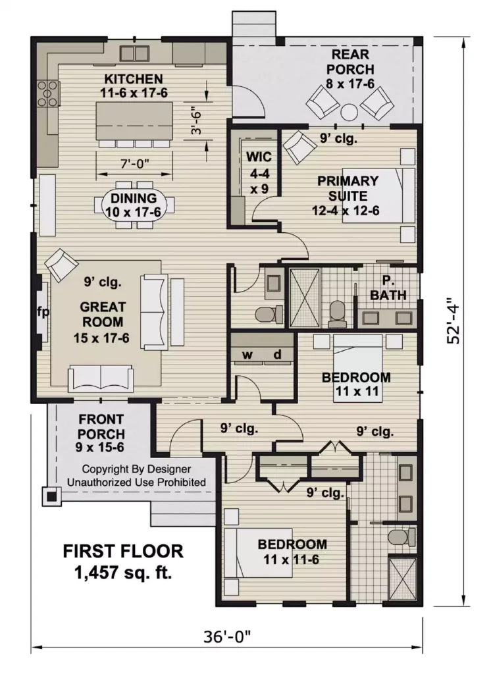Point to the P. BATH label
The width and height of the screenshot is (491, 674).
[x=388, y=288]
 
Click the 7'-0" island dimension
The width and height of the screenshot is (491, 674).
[x=134, y=163]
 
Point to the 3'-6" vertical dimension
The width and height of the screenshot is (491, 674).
[x=195, y=121]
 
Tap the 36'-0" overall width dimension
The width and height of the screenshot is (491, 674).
[x=227, y=638]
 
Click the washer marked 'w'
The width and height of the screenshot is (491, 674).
[x=247, y=355]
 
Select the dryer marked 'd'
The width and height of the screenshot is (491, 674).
[x=277, y=355]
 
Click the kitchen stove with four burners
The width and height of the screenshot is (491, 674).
[x=48, y=93]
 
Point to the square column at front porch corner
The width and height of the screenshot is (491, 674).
[x=49, y=496]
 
